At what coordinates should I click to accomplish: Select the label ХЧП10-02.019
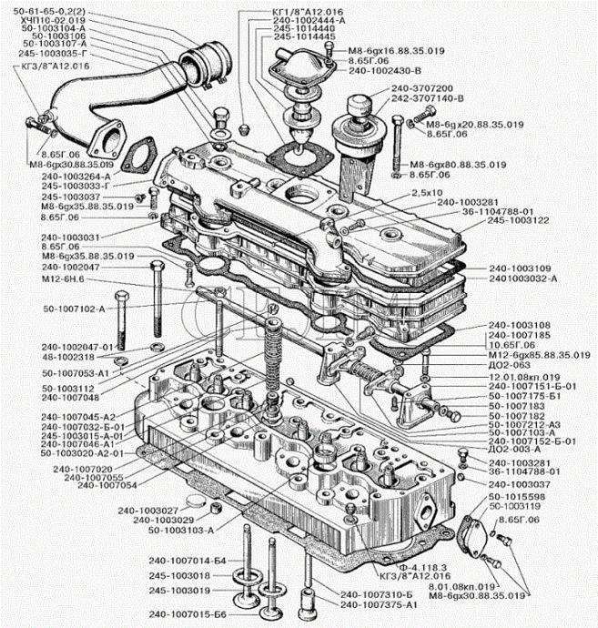pyautogui.click(x=53, y=20)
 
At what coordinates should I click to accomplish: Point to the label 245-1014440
pyautogui.click(x=276, y=29)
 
